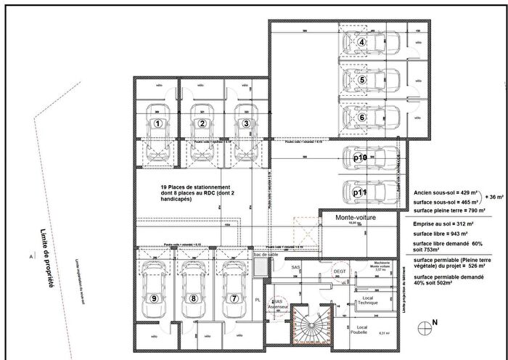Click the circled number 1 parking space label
pyautogui.click(x=157, y=123)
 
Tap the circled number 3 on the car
pyautogui.click(x=246, y=123)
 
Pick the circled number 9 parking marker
pyautogui.click(x=154, y=298)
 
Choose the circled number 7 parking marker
pyautogui.click(x=234, y=298)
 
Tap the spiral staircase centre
pyautogui.click(x=311, y=324)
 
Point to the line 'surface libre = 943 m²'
pyautogui.click(x=441, y=234)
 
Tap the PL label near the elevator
pyautogui.click(x=258, y=299)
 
